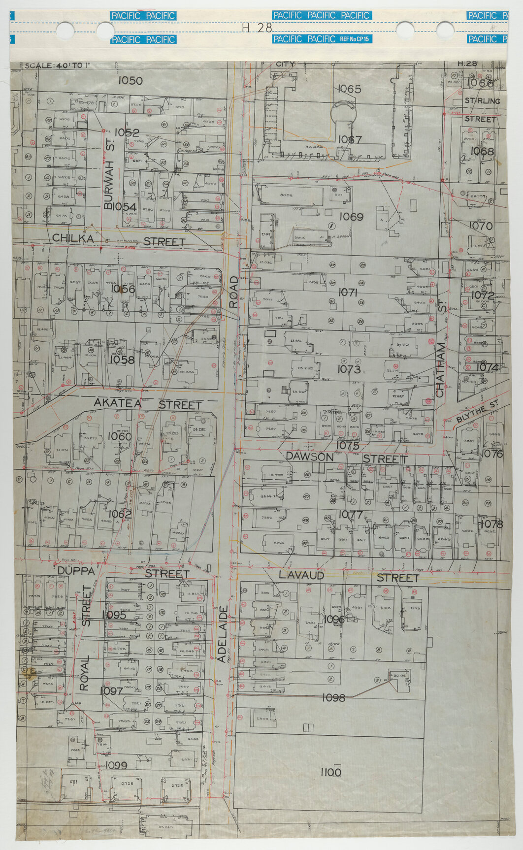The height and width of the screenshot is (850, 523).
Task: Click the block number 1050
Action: coord(131,81)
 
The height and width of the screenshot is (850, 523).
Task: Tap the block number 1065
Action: coord(350,89)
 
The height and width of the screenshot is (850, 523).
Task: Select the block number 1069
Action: coord(351,217)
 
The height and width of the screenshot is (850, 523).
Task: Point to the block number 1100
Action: coord(330,773)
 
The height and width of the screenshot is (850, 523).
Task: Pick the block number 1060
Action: coord(120,436)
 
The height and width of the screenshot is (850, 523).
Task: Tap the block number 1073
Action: coord(349,369)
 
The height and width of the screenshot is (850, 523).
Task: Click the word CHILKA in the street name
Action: coord(73,238)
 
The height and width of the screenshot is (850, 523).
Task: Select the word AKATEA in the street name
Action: coord(118,403)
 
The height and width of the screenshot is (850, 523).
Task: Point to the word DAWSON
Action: coord(310,457)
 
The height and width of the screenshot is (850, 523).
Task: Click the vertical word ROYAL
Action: coord(84,673)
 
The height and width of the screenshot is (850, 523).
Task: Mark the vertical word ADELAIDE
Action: coord(222,635)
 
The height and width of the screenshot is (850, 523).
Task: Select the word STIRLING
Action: coord(482,101)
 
